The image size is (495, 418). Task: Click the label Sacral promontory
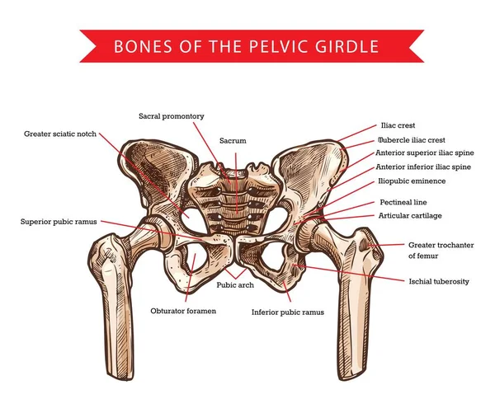[171, 116]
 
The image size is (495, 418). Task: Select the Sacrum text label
[233, 141]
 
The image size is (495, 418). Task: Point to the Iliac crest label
[396, 126]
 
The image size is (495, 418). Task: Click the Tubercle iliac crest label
[410, 139]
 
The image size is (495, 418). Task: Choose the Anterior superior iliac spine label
[424, 153]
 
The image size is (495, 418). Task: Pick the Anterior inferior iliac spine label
[423, 167]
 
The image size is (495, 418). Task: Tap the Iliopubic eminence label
[411, 181]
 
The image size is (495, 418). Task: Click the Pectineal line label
[403, 201]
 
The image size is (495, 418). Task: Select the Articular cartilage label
[410, 215]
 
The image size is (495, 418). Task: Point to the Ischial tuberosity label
[439, 281]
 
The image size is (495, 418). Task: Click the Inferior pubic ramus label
[288, 312]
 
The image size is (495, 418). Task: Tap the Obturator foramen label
[183, 311]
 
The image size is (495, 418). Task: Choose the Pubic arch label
[237, 285]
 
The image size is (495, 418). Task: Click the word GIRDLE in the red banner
[352, 46]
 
